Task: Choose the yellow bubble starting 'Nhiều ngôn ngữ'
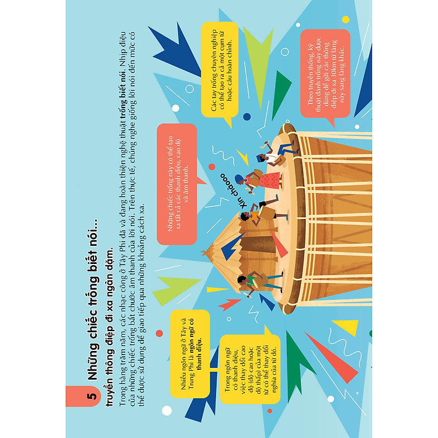pos(190,354)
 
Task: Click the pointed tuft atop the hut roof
pos(206,252)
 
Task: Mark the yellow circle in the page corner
pos(346,19)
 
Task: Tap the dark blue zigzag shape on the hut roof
pos(232,246)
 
